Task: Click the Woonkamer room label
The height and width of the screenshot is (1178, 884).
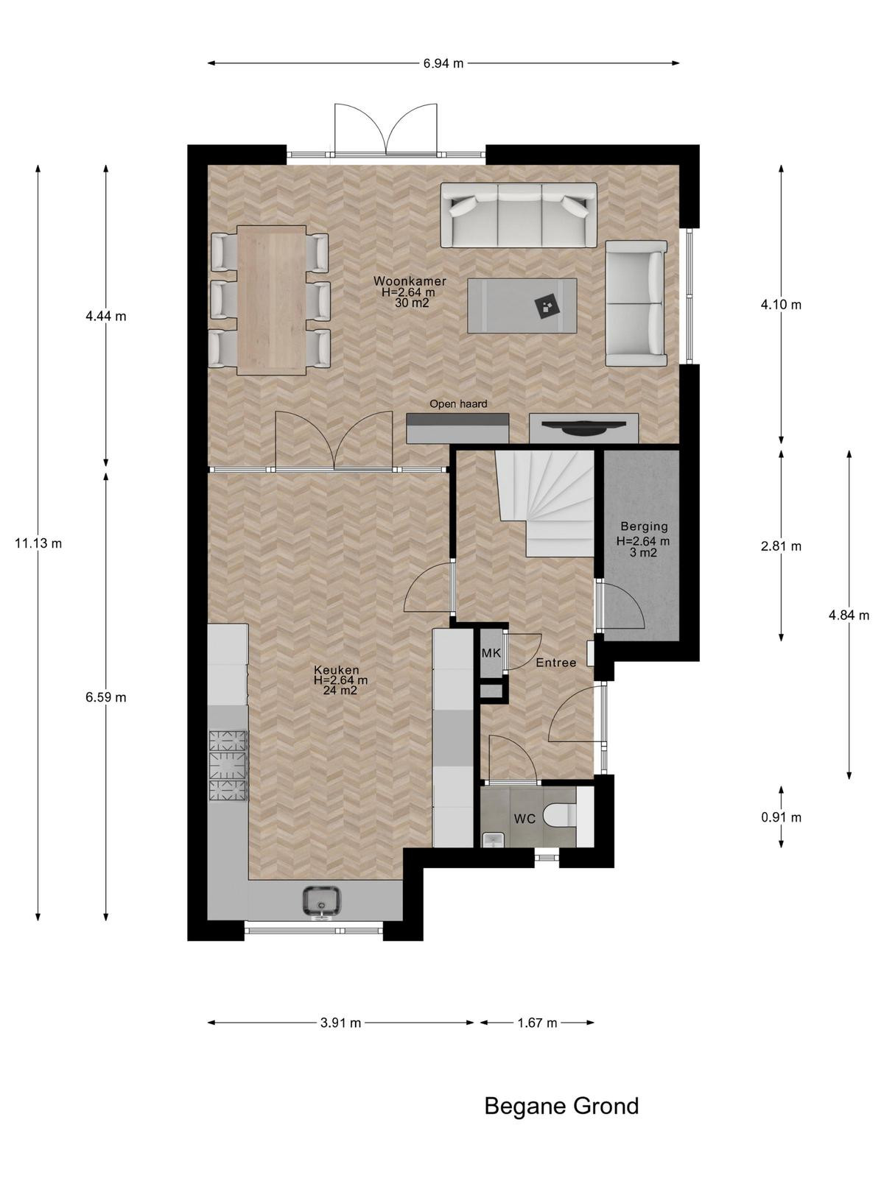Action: coord(410,281)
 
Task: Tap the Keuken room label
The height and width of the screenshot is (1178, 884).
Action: coord(336,670)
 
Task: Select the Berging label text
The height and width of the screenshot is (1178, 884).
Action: coord(644,526)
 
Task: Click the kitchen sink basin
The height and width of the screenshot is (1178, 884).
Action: coord(321,901)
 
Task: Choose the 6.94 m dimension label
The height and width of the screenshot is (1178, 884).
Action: coord(443,63)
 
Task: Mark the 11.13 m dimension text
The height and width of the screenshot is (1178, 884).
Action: coord(38,543)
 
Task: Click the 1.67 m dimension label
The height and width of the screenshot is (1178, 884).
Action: coord(537,1023)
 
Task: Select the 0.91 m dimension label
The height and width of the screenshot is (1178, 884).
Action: coord(781,817)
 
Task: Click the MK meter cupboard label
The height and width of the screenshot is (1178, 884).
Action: coord(491,653)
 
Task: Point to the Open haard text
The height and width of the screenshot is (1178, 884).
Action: coord(457,403)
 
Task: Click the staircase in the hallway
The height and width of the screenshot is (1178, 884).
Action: coord(544,503)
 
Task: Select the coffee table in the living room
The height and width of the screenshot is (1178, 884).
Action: coord(522,306)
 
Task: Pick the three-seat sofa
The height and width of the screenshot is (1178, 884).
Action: coord(519,215)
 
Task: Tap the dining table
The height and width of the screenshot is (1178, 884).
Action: coord(272,300)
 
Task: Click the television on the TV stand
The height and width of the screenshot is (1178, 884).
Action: coord(583,426)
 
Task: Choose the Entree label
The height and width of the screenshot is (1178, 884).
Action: coord(556,663)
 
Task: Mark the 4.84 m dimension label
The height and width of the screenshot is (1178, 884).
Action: coord(849,616)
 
